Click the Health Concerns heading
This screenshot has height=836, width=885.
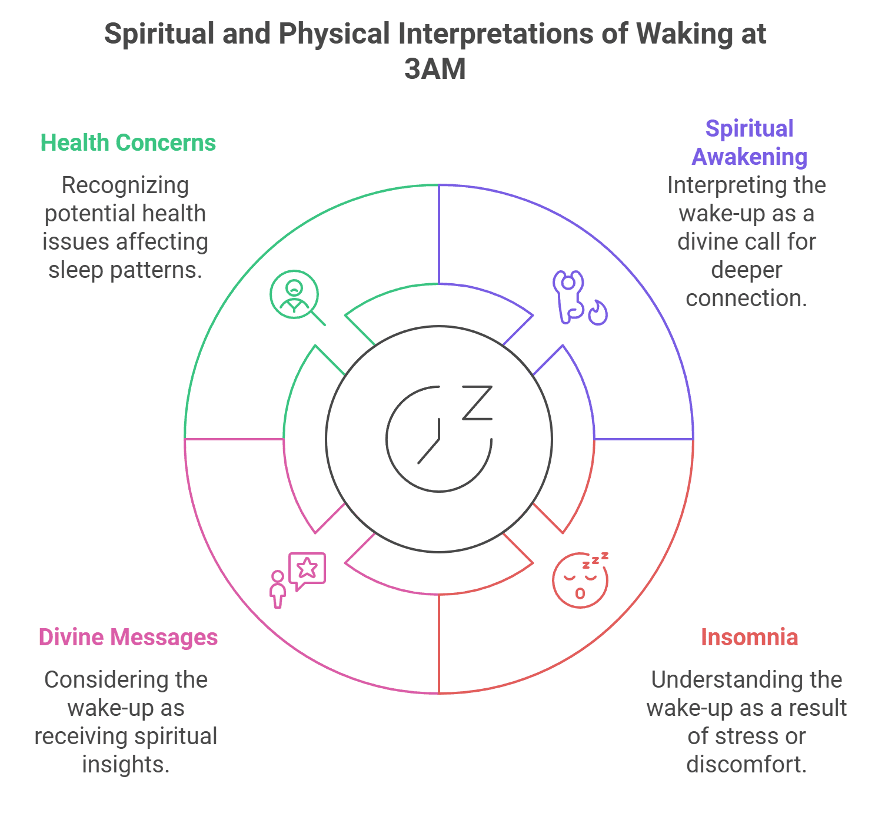(128, 143)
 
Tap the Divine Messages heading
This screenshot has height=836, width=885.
(128, 638)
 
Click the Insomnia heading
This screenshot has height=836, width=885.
(749, 638)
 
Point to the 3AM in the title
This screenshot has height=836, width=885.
(435, 69)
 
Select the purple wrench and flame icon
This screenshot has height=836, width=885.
(579, 297)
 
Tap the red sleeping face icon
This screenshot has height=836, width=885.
(580, 580)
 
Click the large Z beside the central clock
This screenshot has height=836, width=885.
(477, 403)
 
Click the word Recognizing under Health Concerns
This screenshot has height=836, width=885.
(125, 185)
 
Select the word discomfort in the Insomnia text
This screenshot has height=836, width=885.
(746, 765)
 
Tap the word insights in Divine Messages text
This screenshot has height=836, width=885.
(125, 765)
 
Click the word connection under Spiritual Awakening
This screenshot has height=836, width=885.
(746, 298)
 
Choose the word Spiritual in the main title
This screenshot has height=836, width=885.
(159, 34)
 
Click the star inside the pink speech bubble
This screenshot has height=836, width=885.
(307, 568)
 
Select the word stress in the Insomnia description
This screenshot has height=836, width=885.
(738, 737)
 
